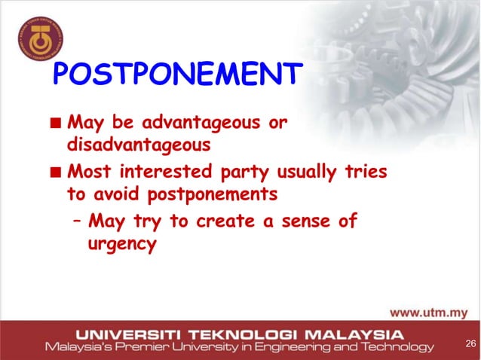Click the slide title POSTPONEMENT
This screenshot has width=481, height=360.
coord(177,75)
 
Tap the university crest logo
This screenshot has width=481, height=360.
coord(41,36)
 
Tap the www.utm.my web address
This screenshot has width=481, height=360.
coord(428,313)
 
